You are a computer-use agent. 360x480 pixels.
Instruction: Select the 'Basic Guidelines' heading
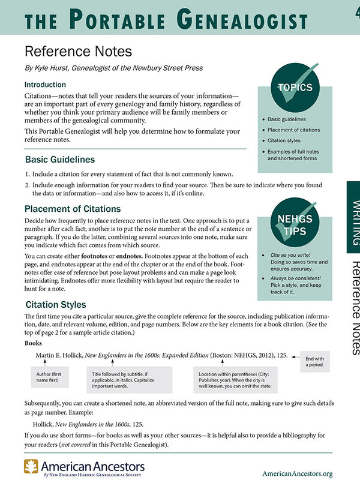click(x=59, y=160)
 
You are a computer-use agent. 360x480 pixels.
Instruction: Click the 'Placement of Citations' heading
click(x=73, y=209)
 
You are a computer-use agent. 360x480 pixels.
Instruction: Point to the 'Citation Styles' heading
click(x=56, y=304)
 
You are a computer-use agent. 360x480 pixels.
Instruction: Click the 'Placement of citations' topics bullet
click(x=294, y=130)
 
